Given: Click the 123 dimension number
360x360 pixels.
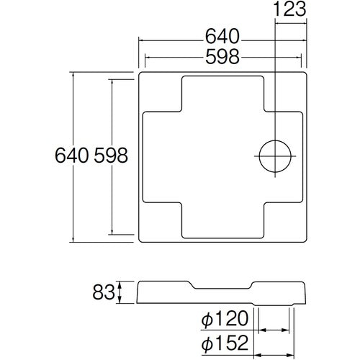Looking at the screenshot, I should pyautogui.click(x=290, y=9).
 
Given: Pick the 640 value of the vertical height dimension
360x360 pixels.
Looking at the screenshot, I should pyautogui.click(x=71, y=156).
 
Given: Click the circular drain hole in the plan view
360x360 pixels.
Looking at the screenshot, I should pyautogui.click(x=275, y=156).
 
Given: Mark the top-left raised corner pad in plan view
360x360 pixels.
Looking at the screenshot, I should pyautogui.click(x=160, y=92).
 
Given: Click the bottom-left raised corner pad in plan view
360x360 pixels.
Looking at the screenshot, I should pyautogui.click(x=160, y=220).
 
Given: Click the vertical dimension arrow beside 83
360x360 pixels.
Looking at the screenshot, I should pyautogui.click(x=121, y=292).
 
